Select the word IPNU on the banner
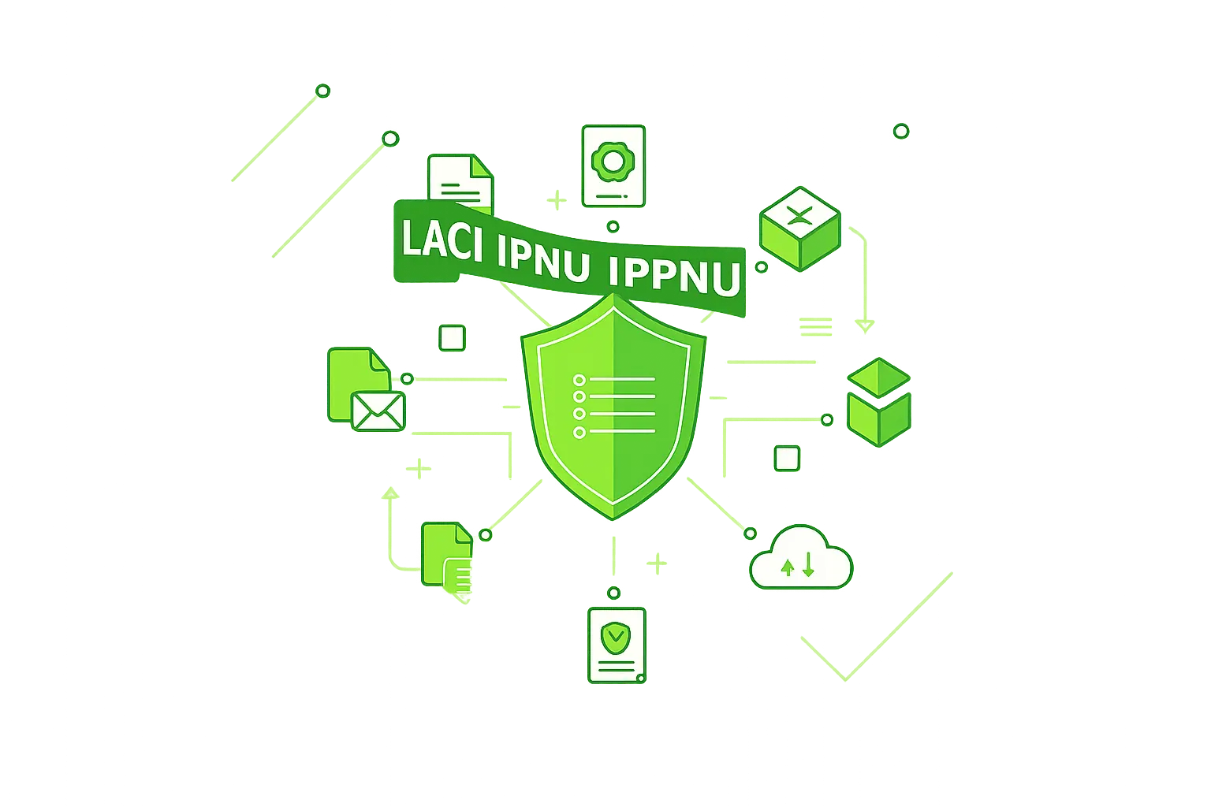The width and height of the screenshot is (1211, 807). (x=544, y=258)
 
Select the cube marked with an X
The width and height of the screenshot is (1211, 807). (x=799, y=227)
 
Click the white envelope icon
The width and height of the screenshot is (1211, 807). (x=378, y=411)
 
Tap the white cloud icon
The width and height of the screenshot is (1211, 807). (x=801, y=560)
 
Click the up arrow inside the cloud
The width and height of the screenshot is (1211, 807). (x=787, y=566)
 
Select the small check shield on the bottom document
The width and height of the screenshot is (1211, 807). (x=615, y=635)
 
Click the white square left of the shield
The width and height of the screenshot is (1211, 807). (x=453, y=338)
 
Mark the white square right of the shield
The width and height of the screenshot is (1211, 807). (x=787, y=458)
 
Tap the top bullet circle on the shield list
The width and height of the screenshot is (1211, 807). (x=579, y=379)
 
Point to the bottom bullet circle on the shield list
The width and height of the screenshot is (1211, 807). (x=579, y=432)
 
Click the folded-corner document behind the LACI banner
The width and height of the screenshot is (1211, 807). (x=460, y=180)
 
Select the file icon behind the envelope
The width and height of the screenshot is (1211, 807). (x=356, y=378)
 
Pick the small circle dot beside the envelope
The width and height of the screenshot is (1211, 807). (x=407, y=379)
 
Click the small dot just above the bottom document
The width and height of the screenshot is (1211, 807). (x=613, y=593)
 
